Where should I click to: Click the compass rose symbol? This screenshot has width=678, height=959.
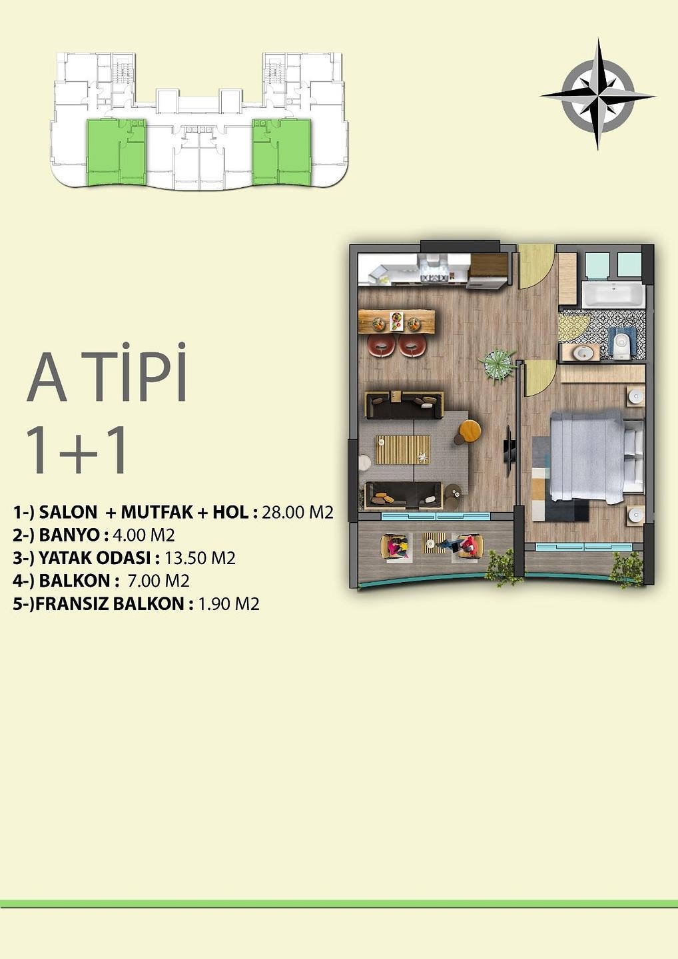click(x=597, y=95)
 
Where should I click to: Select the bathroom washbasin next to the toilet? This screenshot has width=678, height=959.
click(x=583, y=352)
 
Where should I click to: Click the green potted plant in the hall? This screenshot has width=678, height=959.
click(x=497, y=363)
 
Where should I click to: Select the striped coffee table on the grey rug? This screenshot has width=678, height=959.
click(x=402, y=449)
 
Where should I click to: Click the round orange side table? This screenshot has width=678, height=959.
click(x=470, y=430)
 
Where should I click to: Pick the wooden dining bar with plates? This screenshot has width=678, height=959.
click(x=396, y=322)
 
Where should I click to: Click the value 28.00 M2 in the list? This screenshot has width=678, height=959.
click(x=297, y=512)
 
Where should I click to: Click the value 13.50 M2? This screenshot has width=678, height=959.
click(x=200, y=558)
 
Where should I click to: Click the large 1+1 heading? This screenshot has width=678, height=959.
click(x=77, y=450)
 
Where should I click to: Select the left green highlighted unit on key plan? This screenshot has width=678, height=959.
click(x=116, y=153)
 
